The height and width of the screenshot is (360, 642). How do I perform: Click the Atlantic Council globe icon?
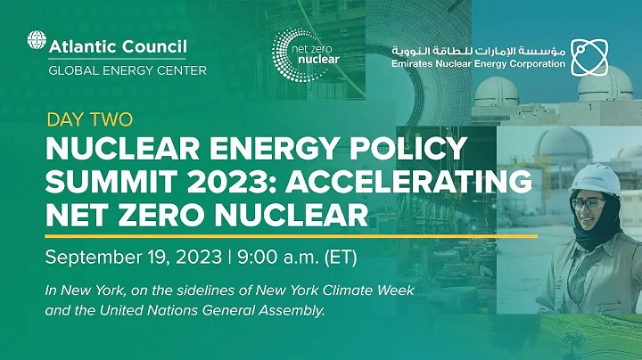coord(37,42)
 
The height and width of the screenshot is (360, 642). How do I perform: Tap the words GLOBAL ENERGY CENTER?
coord(127,69)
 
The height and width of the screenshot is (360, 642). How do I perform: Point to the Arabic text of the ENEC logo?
coord(478,49)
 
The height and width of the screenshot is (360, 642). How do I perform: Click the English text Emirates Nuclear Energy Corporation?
coord(478,64)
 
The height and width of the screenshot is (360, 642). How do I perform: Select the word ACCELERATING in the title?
coord(417,181)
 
